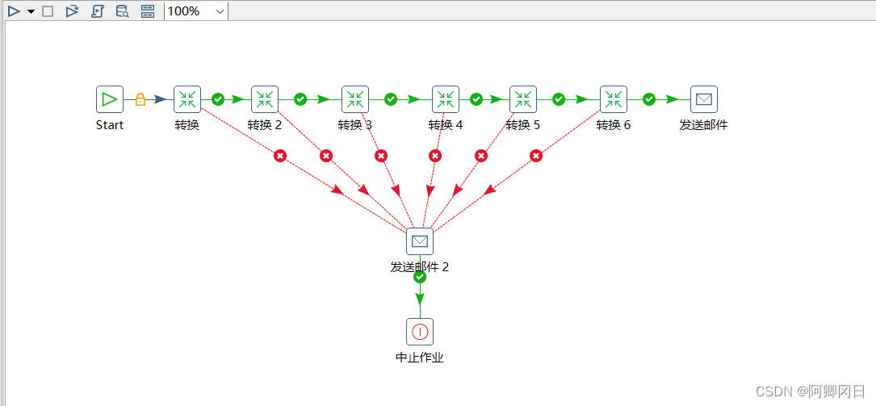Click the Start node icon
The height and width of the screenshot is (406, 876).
coord(110,99)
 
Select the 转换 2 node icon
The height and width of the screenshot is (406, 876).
coord(265,99)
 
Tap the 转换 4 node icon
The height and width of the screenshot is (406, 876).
coord(446,99)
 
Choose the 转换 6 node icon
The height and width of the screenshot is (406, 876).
coord(614,99)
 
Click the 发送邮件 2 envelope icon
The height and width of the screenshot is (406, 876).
coord(420,241)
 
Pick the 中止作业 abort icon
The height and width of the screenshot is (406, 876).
coord(420,332)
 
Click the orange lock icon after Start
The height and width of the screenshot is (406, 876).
coord(140,99)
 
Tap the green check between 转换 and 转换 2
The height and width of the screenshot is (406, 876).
coord(218,99)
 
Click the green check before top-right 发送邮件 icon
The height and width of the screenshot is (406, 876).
coord(649,99)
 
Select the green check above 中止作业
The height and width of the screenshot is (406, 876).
coord(420,277)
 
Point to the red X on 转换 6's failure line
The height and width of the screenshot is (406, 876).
coord(534,156)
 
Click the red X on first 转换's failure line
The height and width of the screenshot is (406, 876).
coord(280,156)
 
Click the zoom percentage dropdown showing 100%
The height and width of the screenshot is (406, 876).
coord(195,11)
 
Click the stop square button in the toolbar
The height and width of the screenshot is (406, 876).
coord(48,11)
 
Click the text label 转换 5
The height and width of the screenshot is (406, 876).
coord(523,125)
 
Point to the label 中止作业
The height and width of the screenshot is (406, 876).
coord(420,358)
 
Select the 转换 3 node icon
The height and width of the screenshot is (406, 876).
coord(355,99)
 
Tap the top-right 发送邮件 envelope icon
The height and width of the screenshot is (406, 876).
coord(704,99)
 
